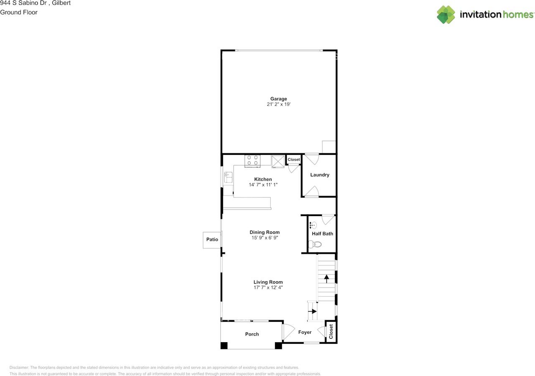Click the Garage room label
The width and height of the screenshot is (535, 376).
pyautogui.click(x=278, y=99)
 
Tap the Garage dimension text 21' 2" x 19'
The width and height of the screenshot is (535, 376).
pyautogui.click(x=278, y=104)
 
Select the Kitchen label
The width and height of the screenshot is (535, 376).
pyautogui.click(x=263, y=179)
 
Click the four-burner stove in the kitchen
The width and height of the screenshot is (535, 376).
pyautogui.click(x=252, y=161)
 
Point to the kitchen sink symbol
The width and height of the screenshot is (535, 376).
pyautogui.click(x=228, y=177)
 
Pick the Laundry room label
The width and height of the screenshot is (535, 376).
pyautogui.click(x=320, y=175)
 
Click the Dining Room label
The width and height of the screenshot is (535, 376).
pyautogui.click(x=265, y=232)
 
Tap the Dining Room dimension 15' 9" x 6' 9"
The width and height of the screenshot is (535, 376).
pyautogui.click(x=265, y=238)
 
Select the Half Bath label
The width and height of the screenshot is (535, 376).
pyautogui.click(x=322, y=234)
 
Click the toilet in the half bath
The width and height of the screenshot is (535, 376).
pyautogui.click(x=315, y=244)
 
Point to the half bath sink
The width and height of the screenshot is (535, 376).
pyautogui.click(x=313, y=225)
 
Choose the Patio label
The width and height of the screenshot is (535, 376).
pyautogui.click(x=212, y=240)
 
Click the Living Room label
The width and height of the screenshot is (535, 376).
pyautogui.click(x=268, y=282)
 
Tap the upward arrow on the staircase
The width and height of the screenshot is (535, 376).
pyautogui.click(x=326, y=279)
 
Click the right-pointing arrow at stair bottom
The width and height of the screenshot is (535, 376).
pyautogui.click(x=312, y=311)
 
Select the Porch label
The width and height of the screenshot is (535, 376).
pyautogui.click(x=252, y=334)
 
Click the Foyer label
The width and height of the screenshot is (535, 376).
pyautogui.click(x=305, y=332)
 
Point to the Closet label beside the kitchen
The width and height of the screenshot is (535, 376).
pyautogui.click(x=293, y=159)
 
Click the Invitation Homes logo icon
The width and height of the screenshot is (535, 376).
pyautogui.click(x=446, y=15)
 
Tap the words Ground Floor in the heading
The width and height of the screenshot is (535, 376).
pyautogui.click(x=19, y=13)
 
